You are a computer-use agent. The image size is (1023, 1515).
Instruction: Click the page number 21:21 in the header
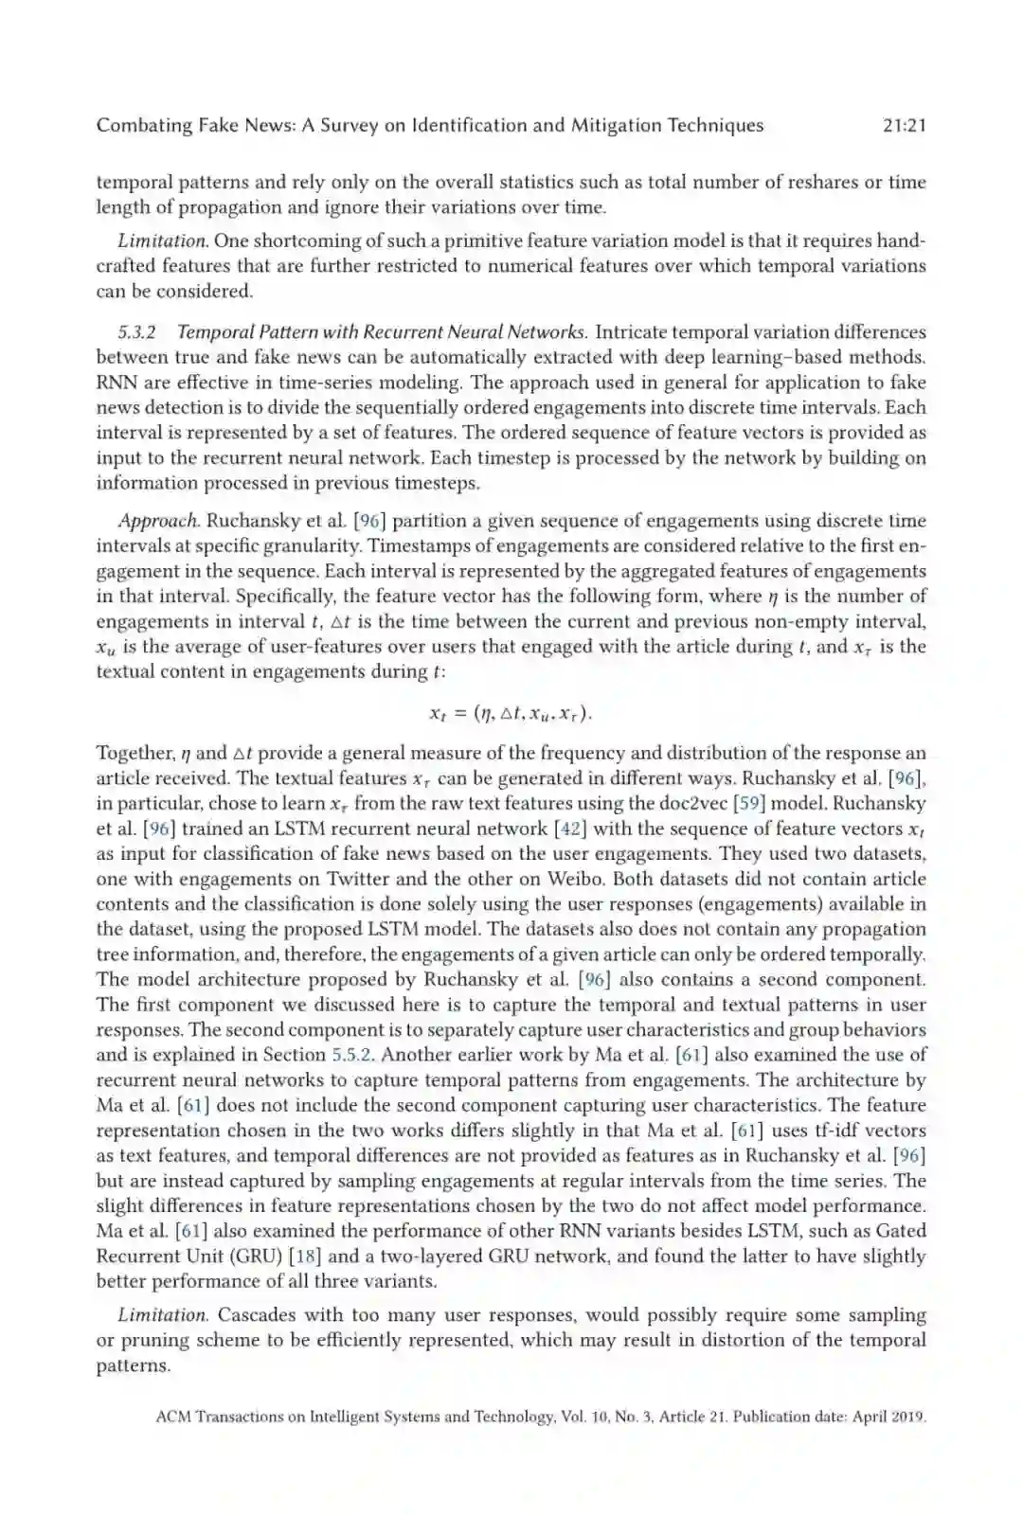tap(903, 126)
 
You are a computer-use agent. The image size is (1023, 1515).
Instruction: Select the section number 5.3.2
tap(137, 332)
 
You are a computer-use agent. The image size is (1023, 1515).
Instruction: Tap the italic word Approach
tap(158, 521)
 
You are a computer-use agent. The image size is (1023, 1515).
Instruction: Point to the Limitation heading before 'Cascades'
tap(162, 1315)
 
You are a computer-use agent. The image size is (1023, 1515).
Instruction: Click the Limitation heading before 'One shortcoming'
tap(162, 241)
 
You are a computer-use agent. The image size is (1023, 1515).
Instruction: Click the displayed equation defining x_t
tap(511, 713)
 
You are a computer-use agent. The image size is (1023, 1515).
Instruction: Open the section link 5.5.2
tap(351, 1055)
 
